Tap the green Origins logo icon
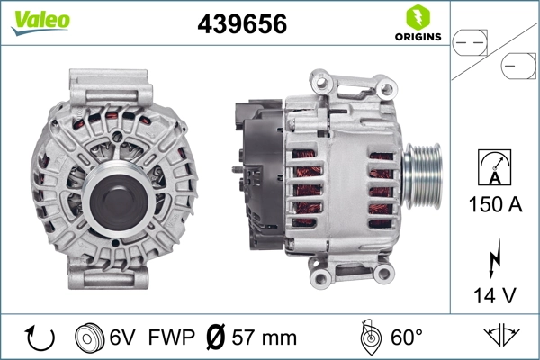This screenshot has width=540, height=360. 417,15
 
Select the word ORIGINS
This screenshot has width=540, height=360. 417,37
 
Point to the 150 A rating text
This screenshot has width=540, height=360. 496,204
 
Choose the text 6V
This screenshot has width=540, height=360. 123,337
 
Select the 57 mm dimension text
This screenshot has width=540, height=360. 263,337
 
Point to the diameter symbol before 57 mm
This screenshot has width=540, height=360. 216,337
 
